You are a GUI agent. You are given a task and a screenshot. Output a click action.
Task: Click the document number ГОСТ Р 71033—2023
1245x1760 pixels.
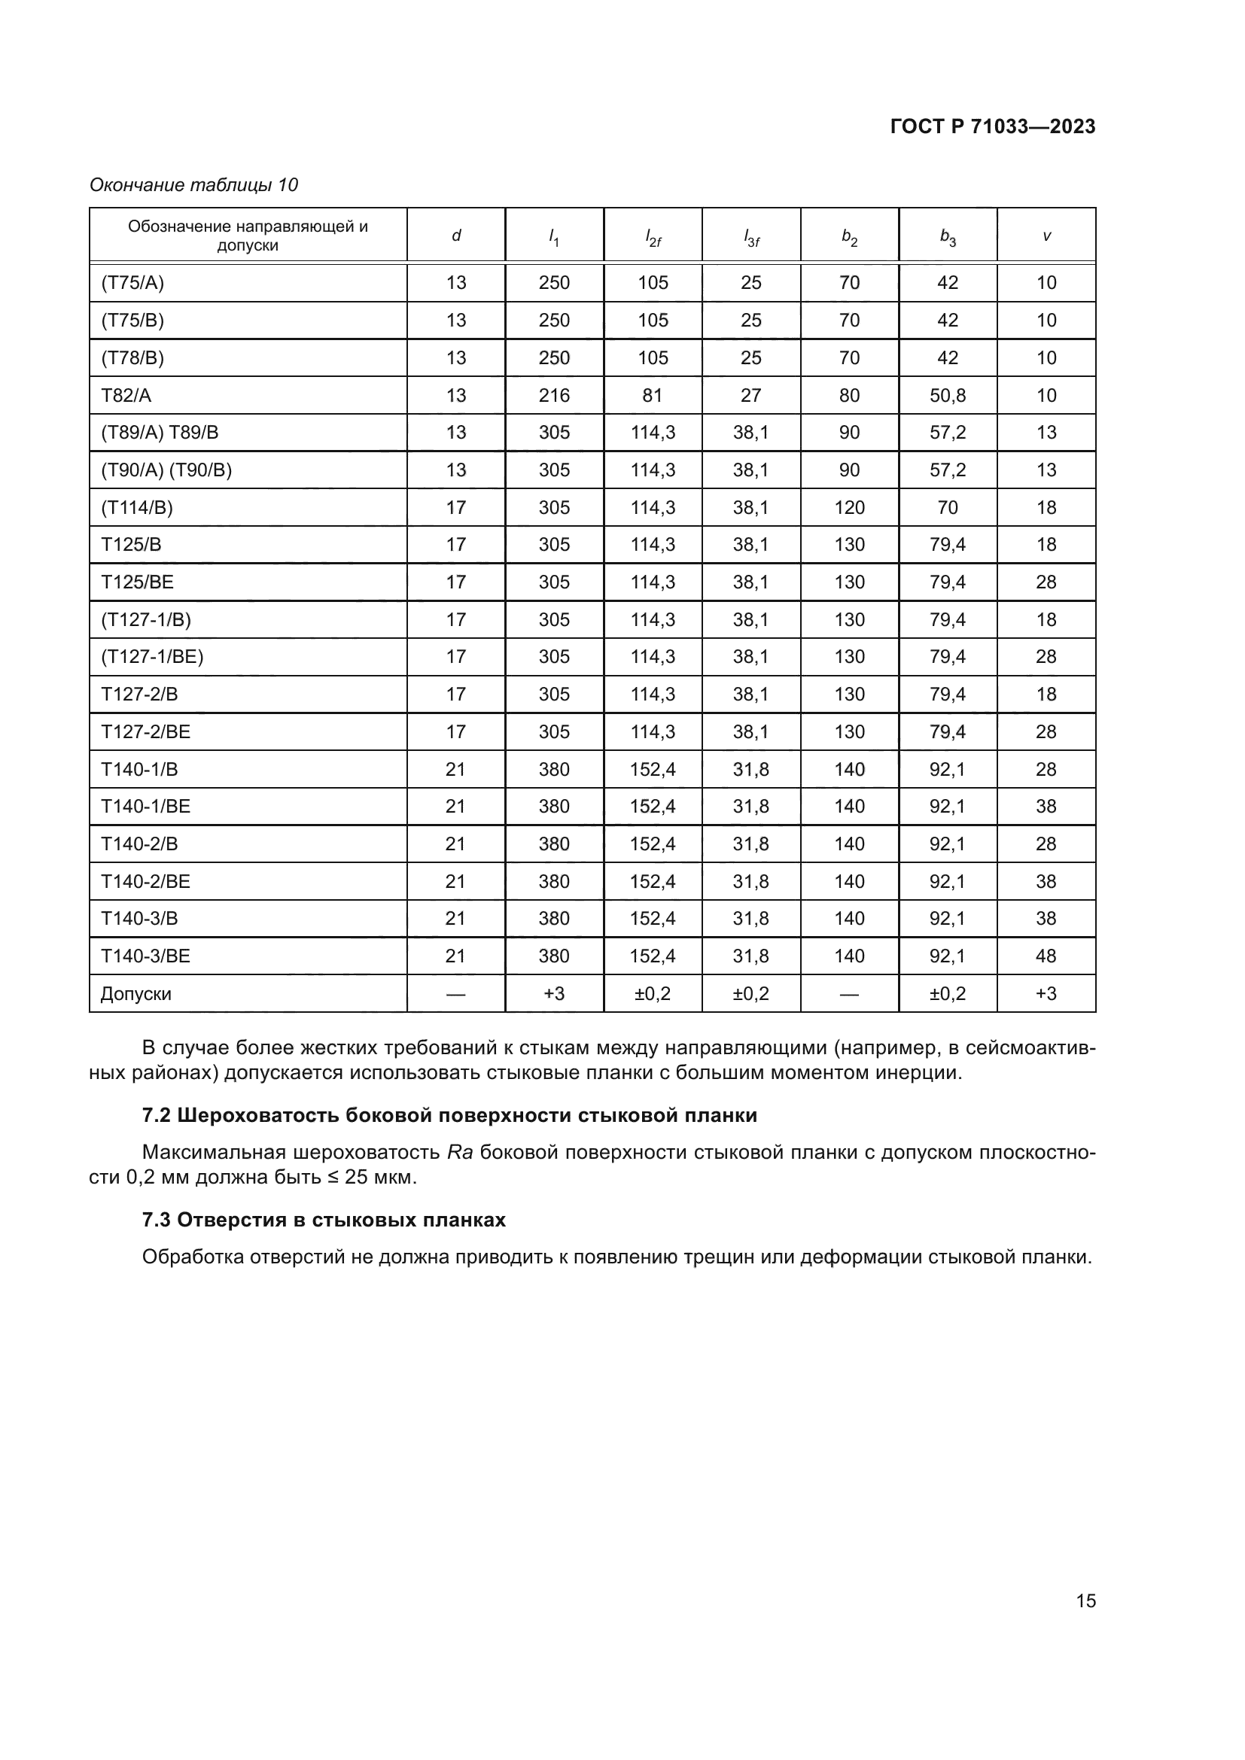coord(992,127)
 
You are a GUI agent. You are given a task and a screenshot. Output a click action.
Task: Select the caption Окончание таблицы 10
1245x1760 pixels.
coord(193,185)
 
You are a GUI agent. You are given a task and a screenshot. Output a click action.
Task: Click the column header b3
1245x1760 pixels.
coord(948,237)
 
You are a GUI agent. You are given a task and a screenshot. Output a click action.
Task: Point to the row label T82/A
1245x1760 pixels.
coord(126,396)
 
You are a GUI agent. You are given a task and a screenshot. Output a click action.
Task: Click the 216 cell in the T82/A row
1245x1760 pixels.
coord(553,396)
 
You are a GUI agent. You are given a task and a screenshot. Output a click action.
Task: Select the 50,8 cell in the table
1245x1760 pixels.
coord(948,396)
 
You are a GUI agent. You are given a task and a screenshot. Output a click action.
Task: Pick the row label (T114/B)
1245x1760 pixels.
coord(136,507)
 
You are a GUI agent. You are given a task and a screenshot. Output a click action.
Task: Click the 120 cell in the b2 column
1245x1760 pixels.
coord(849,507)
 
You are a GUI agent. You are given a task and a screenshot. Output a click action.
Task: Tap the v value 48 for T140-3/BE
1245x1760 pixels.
coord(1046,956)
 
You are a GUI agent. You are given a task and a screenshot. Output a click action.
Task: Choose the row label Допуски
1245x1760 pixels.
coord(135,994)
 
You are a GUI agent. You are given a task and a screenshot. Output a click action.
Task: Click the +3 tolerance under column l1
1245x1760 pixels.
coord(553,994)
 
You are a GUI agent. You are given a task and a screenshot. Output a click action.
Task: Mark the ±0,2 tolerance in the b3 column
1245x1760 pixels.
coord(948,994)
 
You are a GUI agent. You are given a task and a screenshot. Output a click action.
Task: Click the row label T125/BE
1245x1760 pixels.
coord(137,582)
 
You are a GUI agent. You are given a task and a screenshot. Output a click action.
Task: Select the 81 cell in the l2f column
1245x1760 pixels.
coord(653,396)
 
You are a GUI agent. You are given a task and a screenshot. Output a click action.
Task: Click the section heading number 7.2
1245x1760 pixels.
coord(156,1115)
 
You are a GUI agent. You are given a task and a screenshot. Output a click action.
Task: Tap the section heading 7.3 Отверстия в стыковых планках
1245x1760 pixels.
coord(324,1220)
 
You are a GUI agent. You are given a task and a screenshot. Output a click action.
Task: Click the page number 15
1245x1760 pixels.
coord(1085,1600)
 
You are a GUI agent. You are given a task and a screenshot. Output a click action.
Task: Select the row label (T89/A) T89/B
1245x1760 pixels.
coord(160,433)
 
